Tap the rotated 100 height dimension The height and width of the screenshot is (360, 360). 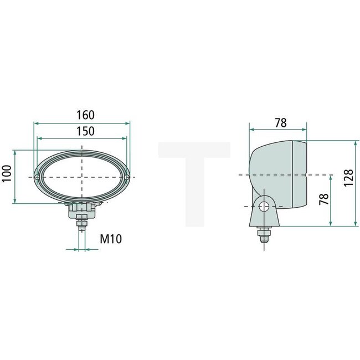click(7, 176)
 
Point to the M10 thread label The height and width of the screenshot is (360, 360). click(111, 239)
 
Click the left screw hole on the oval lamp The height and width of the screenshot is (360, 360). click(37, 177)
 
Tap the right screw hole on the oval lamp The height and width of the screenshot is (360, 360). click(127, 177)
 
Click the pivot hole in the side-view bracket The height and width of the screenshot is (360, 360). click(265, 206)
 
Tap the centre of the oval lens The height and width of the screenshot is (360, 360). click(82, 177)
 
